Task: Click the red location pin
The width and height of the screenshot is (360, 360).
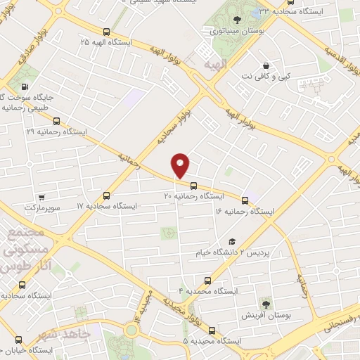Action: [x=181, y=165]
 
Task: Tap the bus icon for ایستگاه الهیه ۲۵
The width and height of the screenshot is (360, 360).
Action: [x=106, y=32]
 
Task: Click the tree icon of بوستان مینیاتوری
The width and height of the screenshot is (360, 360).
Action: [x=236, y=20]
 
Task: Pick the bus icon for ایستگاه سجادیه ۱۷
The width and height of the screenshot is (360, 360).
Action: [x=107, y=195]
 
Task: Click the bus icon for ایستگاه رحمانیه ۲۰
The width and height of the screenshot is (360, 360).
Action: [x=193, y=186]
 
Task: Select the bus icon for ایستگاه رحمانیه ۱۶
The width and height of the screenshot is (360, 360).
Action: [x=245, y=200]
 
